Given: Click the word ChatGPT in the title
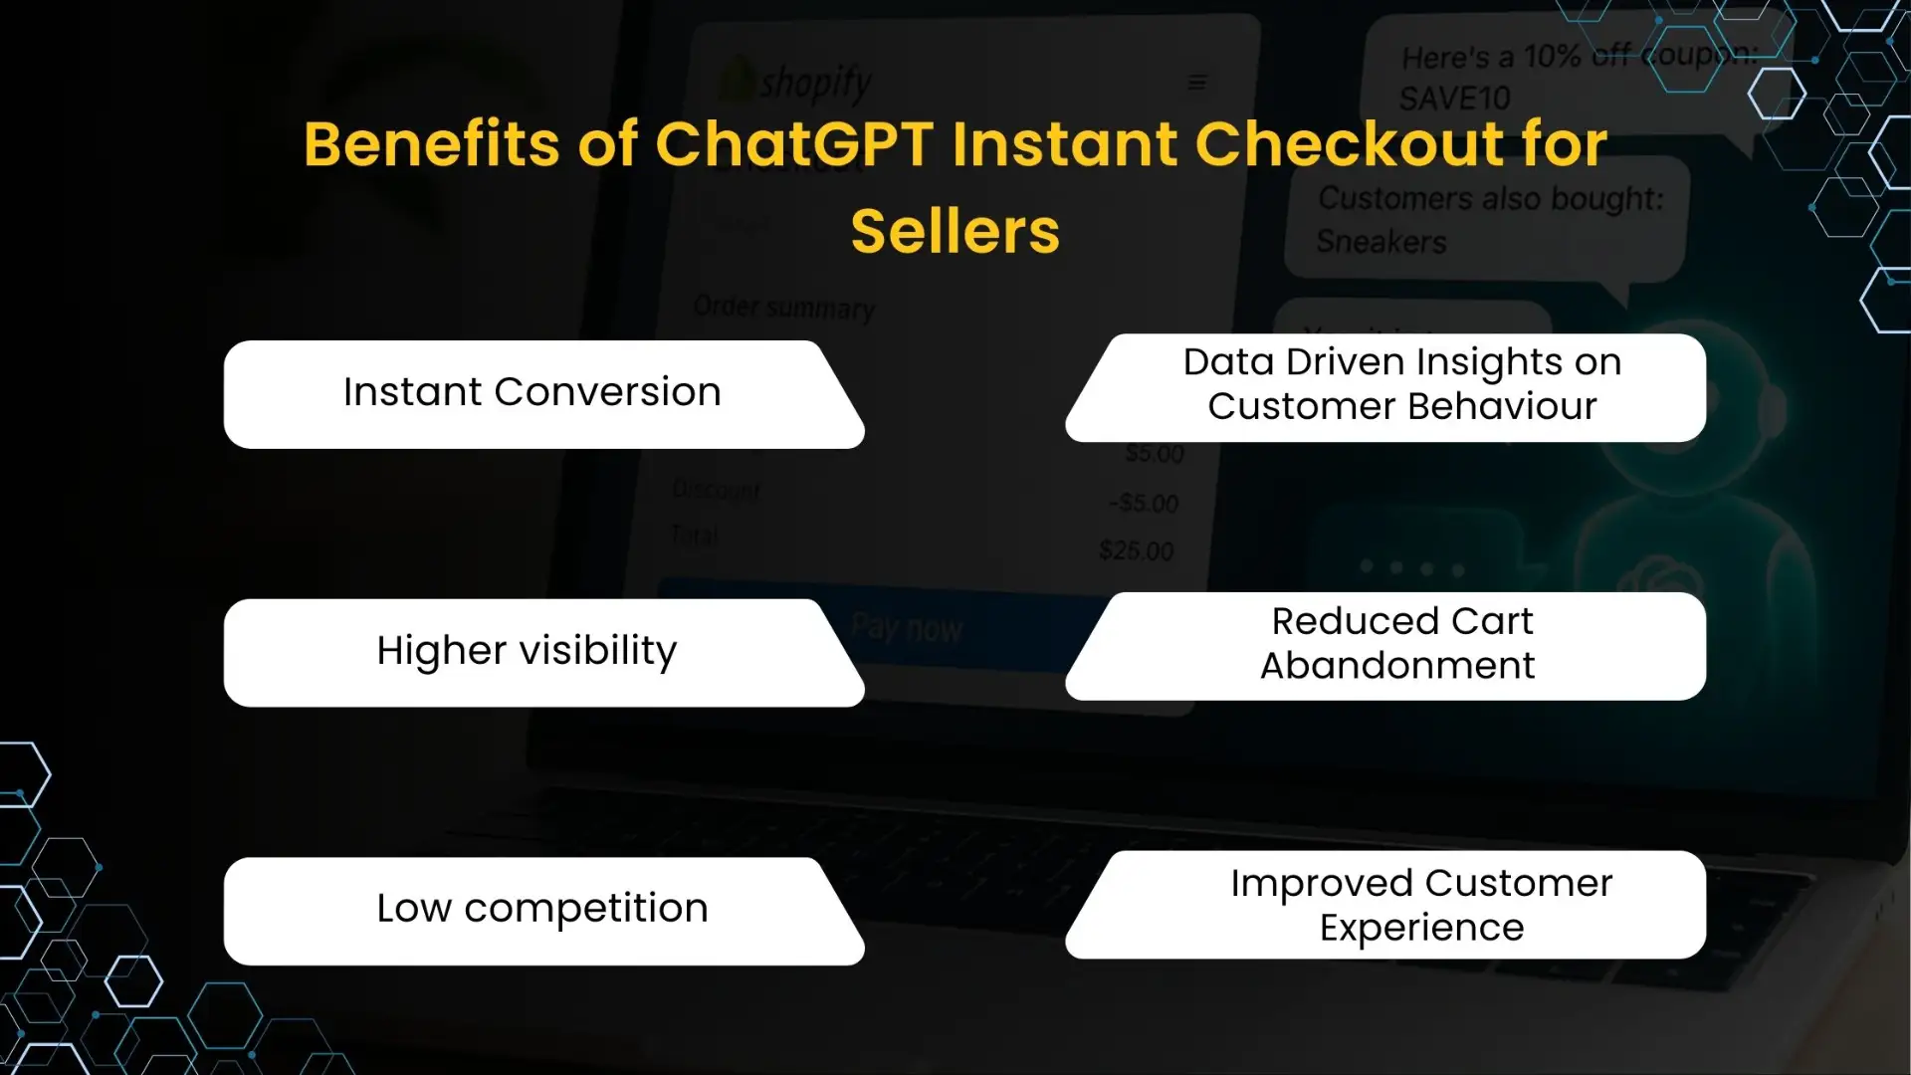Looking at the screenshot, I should [x=793, y=144].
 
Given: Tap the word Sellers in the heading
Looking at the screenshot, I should [x=955, y=231].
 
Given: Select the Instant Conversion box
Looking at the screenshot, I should [x=532, y=393].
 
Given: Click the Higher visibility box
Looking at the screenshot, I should [x=528, y=652].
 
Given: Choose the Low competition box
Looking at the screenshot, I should [x=542, y=910].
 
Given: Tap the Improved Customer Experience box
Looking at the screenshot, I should [x=1421, y=905].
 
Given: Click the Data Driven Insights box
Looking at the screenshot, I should [x=1401, y=386].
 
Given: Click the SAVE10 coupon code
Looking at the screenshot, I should [x=1454, y=99].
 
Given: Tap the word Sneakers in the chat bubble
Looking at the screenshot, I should [x=1381, y=242].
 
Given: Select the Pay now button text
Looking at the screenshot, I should [x=907, y=628].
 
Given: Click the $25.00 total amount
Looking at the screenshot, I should [x=1136, y=550].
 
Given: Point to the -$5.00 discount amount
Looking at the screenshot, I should [x=1144, y=504].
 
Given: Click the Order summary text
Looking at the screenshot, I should [x=784, y=308].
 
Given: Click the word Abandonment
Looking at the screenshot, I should [x=1397, y=666].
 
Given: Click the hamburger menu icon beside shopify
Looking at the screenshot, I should [x=1197, y=83].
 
